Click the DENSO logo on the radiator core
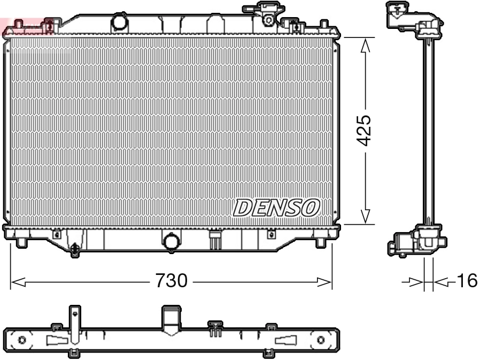click(x=277, y=208)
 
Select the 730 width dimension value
click(x=171, y=281)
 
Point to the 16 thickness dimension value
click(x=467, y=281)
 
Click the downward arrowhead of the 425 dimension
click(x=365, y=216)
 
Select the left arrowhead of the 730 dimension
click(x=18, y=281)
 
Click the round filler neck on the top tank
click(x=120, y=23)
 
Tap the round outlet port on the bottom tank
click(x=172, y=242)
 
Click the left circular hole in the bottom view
click(x=22, y=340)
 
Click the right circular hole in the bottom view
click(x=321, y=340)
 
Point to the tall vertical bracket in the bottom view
click(x=75, y=326)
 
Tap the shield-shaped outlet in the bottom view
click(x=171, y=321)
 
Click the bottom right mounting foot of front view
click(x=320, y=242)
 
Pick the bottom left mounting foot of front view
click(x=21, y=242)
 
